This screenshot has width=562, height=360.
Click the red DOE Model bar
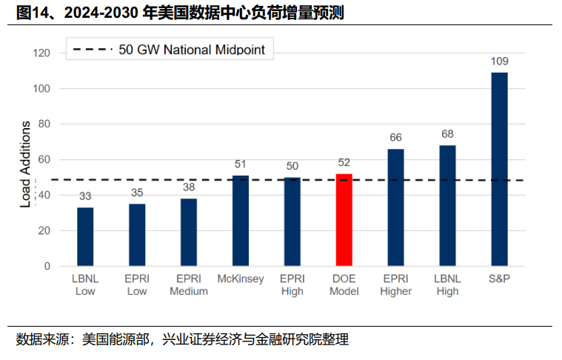344,220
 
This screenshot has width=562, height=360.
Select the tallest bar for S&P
499,169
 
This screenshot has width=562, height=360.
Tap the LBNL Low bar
85,236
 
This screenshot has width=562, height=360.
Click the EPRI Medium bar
189,232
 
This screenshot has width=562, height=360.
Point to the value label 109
499,61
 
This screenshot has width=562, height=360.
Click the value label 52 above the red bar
344,162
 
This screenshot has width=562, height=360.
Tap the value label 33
85,196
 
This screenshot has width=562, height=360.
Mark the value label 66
395,137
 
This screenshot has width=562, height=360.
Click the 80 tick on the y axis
44,124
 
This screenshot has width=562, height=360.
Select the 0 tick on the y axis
47,266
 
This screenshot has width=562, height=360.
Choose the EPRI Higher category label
395,284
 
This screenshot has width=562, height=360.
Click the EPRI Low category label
137,284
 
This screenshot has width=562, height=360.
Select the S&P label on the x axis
499,279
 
